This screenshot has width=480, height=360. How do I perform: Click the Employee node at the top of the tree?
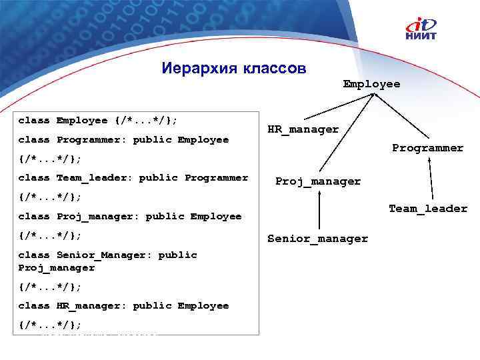click(371, 84)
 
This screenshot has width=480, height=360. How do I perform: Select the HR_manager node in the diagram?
click(303, 129)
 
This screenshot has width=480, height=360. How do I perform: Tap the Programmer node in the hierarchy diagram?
click(427, 148)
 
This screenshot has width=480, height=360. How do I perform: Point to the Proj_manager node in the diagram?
click(318, 181)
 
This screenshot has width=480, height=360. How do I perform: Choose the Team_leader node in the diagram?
click(428, 209)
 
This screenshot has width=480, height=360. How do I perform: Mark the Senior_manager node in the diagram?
click(317, 239)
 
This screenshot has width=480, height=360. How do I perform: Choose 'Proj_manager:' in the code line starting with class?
click(98, 217)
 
